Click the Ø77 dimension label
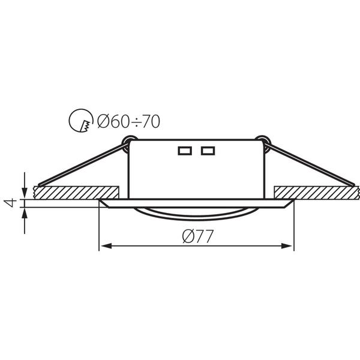coord(198,236)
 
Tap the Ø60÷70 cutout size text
coord(128,121)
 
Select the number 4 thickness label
coord(11,203)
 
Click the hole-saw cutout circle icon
coord(81,121)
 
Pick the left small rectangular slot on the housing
coord(185,151)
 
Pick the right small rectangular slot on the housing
coord(208,151)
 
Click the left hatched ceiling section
coord(76,193)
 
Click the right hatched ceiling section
coord(317,193)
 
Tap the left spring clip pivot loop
coord(129,143)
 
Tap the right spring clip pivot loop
coord(263,143)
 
